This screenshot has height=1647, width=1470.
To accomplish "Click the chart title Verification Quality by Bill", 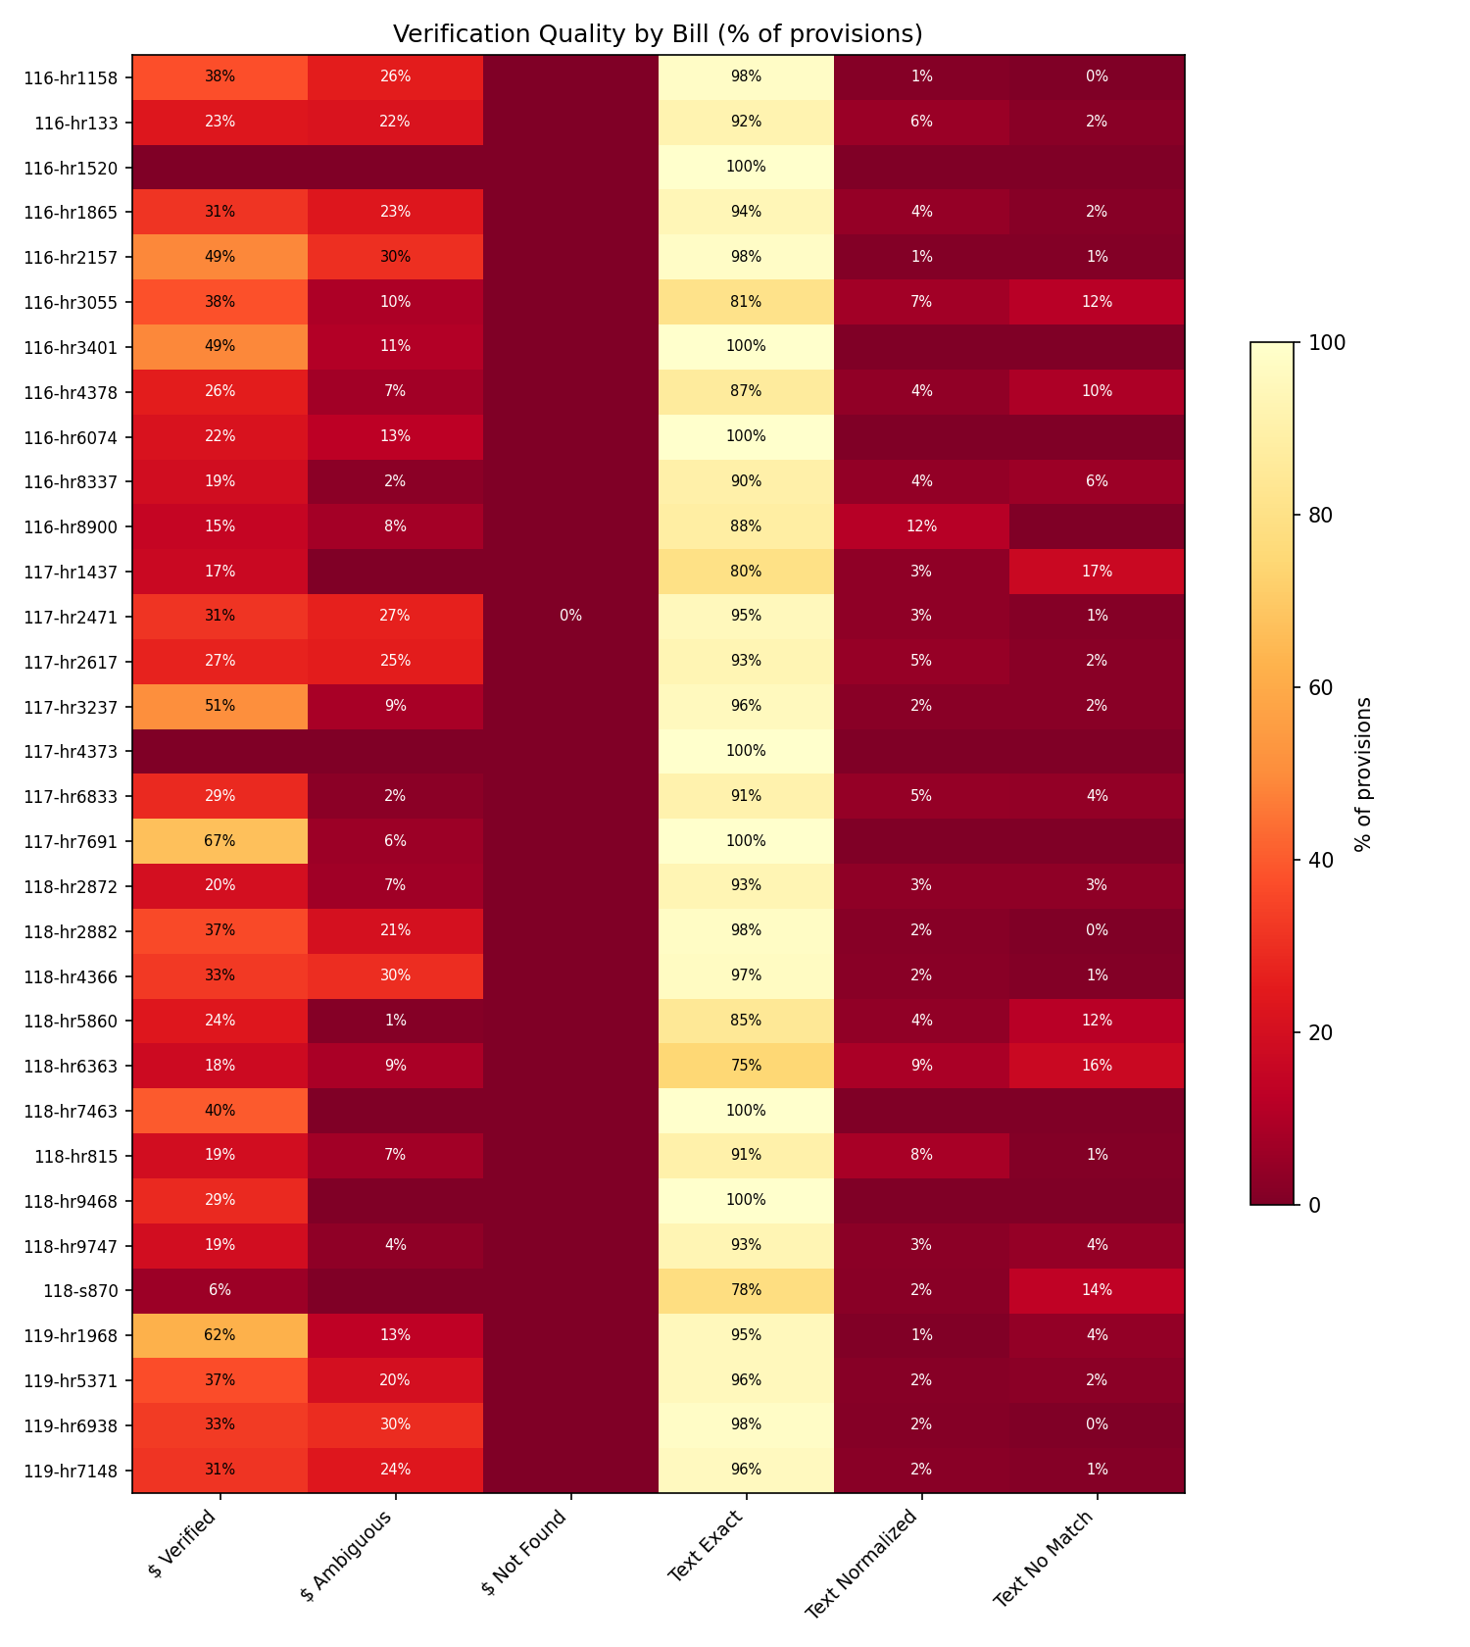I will [x=658, y=34].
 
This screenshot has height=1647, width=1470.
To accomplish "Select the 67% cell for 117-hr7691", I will [x=220, y=840].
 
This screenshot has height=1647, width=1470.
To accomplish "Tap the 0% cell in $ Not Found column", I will [x=570, y=616].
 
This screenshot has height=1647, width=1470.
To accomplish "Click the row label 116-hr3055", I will [x=76, y=302].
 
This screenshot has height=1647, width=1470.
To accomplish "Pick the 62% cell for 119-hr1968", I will [x=220, y=1334].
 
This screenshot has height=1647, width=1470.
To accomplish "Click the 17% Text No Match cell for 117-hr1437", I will [x=1097, y=571].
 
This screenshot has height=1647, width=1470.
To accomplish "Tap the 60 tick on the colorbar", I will [x=1314, y=687].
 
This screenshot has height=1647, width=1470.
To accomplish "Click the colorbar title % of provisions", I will [x=1362, y=774].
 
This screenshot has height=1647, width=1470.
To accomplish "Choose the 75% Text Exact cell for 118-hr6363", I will [x=746, y=1065].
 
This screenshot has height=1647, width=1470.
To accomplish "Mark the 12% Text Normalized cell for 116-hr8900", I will [x=921, y=525].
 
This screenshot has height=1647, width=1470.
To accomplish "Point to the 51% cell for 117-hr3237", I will [x=220, y=706].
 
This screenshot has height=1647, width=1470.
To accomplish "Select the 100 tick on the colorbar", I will [x=1318, y=342].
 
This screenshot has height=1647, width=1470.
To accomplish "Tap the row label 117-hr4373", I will [x=76, y=751].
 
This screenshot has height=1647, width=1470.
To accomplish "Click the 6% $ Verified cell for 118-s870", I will [x=220, y=1290].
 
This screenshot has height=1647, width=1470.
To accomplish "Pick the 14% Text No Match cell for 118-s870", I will [x=1097, y=1290].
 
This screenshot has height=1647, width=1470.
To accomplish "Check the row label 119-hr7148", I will [x=76, y=1470].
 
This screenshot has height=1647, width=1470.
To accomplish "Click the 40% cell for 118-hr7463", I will [x=220, y=1110].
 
